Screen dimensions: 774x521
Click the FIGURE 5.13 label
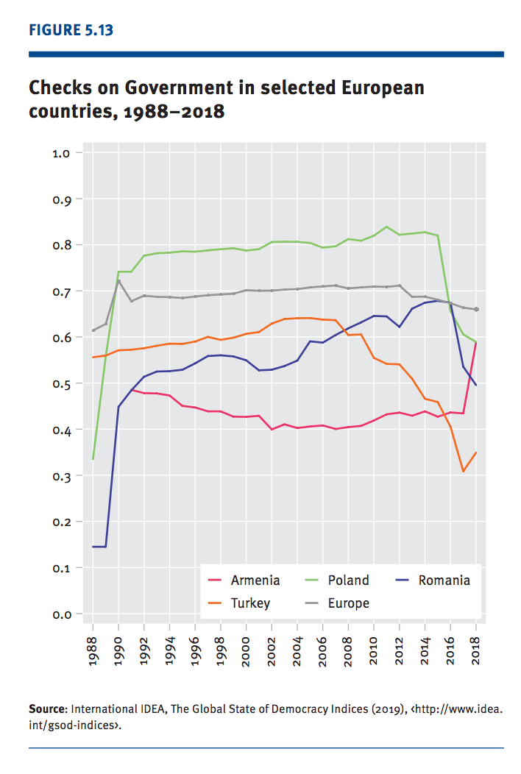71,30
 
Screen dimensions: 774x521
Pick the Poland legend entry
348,580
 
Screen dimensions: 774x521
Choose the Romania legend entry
444,580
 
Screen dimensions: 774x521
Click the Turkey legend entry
250,603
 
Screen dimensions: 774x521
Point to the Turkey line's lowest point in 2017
463,471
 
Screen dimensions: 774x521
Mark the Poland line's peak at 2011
386,227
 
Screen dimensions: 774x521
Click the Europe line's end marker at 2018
476,310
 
